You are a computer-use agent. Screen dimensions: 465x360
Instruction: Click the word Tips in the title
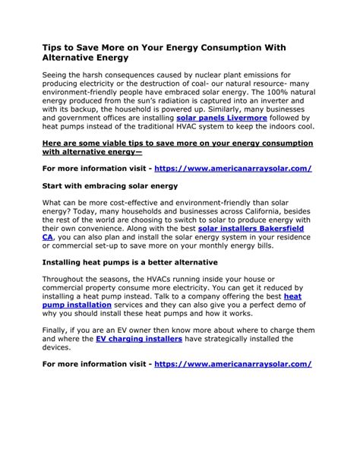(53, 46)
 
